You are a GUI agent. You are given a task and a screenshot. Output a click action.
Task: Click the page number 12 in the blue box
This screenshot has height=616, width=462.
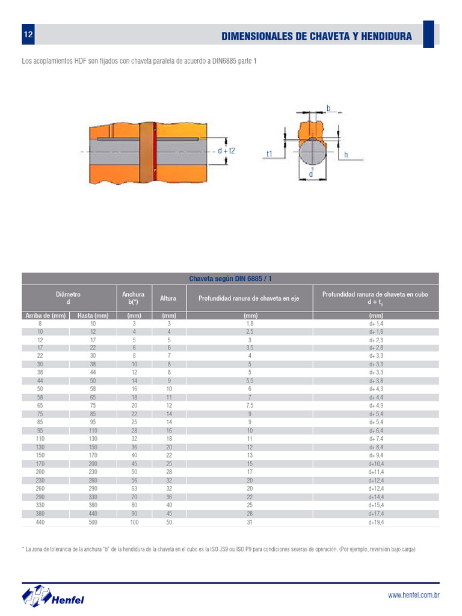point(28,34)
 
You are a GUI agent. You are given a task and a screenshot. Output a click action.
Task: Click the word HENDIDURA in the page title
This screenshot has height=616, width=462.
point(387,37)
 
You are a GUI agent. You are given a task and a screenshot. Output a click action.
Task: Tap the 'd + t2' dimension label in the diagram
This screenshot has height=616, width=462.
point(226,151)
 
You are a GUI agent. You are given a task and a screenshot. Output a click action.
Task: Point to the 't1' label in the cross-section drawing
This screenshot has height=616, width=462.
point(269,154)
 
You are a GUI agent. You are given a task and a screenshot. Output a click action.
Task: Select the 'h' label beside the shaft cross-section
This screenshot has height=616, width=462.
point(346,155)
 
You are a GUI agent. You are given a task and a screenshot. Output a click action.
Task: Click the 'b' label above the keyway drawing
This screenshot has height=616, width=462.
point(328,108)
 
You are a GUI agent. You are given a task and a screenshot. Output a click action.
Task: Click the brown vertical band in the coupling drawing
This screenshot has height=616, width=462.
point(146,152)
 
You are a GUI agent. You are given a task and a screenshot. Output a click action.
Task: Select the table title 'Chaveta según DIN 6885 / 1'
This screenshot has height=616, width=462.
point(230,279)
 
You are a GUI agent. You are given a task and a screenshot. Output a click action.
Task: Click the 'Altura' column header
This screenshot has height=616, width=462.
point(168,298)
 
